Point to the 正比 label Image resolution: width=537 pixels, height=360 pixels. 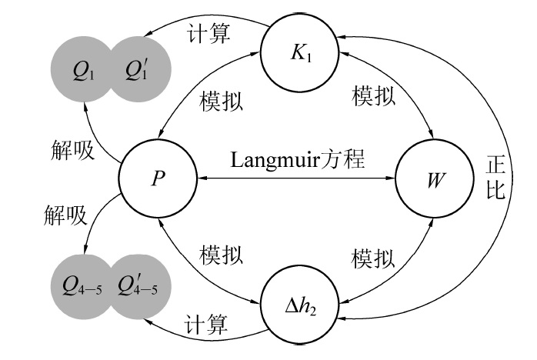coord(494,178)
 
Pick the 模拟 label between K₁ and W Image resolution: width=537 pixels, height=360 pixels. coord(374,95)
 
